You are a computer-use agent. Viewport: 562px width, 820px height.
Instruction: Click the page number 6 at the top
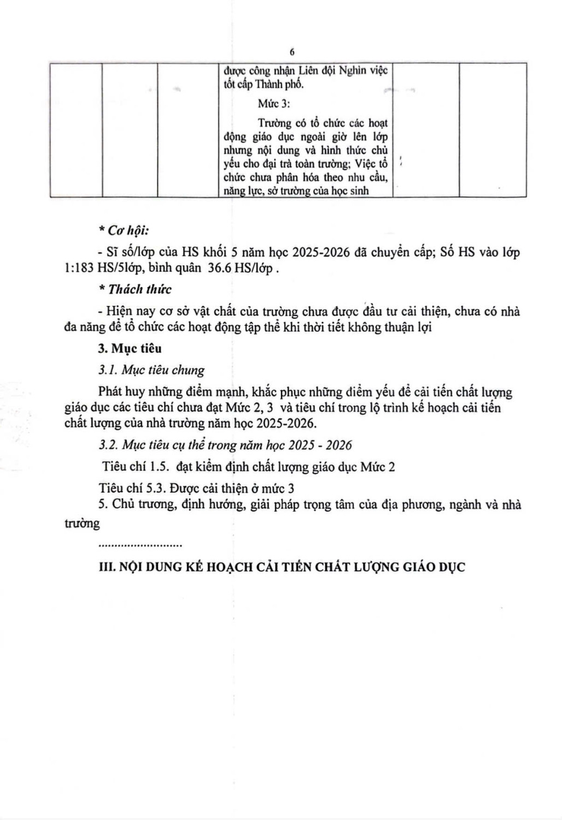coord(291,52)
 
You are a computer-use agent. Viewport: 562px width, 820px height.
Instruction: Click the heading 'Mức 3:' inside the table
coord(274,103)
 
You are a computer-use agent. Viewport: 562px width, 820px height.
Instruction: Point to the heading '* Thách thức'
coord(135,289)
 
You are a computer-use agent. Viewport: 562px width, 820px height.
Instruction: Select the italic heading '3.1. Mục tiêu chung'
coord(151,370)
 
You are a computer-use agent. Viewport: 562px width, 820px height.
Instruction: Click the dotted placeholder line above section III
coord(140,545)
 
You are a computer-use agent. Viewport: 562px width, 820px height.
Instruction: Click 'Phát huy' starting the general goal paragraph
coord(121,392)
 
